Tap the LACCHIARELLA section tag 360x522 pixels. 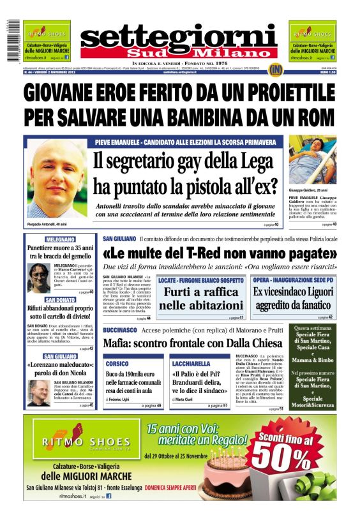(191, 362)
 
